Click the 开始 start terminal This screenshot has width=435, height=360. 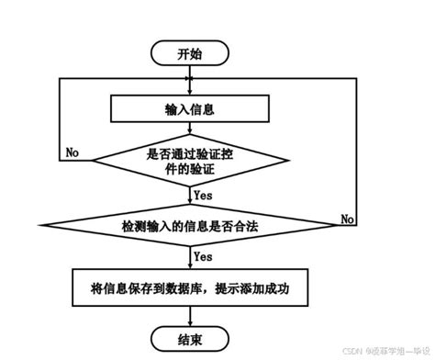(189, 53)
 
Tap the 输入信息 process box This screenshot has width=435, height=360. (189, 109)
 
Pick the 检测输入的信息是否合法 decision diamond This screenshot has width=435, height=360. (189, 225)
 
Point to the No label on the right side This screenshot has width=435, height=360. (348, 219)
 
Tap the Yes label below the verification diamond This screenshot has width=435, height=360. (203, 195)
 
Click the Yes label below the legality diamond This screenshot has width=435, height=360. (203, 256)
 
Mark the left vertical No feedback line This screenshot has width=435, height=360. (60, 119)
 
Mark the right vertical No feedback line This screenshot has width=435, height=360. (356, 147)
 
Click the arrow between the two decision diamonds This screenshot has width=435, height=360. (189, 195)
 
